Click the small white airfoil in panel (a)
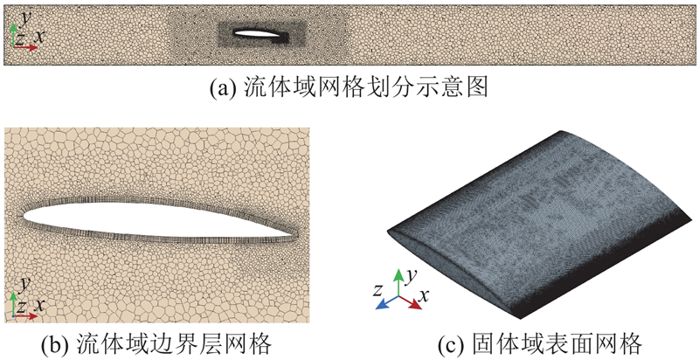(256, 33)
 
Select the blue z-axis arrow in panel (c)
(387, 302)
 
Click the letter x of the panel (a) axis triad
(39, 37)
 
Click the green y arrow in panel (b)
(13, 304)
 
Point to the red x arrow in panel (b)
(25, 316)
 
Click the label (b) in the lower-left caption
(52, 344)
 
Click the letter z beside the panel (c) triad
(377, 291)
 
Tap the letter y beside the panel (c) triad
(412, 276)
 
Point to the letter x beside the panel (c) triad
(424, 294)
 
